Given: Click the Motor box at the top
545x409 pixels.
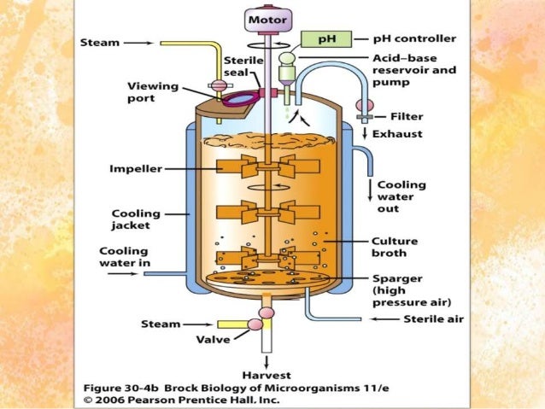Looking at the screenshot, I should coord(267,18).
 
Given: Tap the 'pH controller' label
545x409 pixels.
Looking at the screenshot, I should coord(416,38).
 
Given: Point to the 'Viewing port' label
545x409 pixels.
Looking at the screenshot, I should coord(152,93).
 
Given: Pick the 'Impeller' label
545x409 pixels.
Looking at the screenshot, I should coord(135,168).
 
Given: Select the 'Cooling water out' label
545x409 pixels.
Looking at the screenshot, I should coord(401,196).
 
